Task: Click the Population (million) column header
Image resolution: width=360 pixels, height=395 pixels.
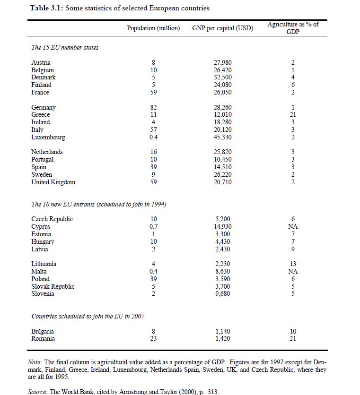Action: pos(153,28)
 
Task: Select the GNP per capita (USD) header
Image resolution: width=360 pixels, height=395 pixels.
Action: pos(222,28)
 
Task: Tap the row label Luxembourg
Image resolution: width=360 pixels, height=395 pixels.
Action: pos(48,137)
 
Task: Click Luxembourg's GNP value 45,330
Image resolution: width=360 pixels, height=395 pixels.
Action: pos(223,137)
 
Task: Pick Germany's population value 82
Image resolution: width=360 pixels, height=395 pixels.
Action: pos(153,108)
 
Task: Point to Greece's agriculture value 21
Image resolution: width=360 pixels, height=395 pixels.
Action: pos(293,115)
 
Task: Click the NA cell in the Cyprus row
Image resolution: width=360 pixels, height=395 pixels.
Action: pos(293,227)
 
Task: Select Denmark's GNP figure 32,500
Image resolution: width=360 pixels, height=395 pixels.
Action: pos(223,77)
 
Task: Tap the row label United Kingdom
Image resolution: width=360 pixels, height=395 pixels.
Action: pos(53,182)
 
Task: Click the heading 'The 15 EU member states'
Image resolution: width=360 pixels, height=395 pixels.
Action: pos(65,48)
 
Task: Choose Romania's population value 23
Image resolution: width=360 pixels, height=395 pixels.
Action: pos(153,339)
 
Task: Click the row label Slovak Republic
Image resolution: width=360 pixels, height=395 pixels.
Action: pos(53,286)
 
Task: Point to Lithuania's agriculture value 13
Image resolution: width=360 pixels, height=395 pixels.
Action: pos(293,264)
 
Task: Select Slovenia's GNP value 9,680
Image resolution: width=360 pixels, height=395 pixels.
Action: pos(223,294)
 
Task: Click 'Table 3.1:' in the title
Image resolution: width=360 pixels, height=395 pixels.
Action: pos(47,8)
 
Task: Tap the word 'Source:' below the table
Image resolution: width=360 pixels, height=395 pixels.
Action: pos(38,392)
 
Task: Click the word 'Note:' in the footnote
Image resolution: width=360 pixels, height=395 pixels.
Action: pos(35,362)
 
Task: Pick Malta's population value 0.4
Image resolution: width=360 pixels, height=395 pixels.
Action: pos(153,272)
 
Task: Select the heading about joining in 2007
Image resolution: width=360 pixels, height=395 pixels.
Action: pos(88,316)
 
